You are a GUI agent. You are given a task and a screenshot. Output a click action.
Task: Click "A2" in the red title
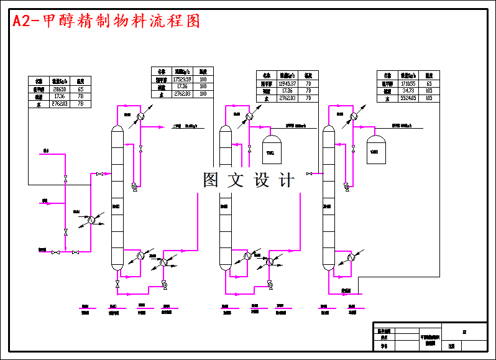(23, 22)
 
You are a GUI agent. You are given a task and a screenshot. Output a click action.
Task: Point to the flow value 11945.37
(287, 83)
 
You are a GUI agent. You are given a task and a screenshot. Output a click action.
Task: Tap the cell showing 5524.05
(408, 98)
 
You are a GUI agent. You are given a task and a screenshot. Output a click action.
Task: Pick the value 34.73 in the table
(408, 91)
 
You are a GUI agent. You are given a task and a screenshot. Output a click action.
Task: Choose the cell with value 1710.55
(408, 83)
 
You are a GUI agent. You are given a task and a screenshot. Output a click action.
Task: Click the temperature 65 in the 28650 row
(80, 89)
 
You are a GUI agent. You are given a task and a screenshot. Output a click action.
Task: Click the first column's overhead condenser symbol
(141, 116)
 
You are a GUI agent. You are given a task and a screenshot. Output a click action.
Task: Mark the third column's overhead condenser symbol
(354, 116)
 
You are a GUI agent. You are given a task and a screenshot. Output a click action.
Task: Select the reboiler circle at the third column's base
(351, 256)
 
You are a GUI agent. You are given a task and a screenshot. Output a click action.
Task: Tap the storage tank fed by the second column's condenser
(270, 147)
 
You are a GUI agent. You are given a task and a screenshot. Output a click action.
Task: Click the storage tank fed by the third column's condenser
(374, 147)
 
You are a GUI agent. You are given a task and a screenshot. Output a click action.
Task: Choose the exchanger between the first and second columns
(165, 262)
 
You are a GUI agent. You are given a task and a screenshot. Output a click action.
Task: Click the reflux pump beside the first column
(134, 185)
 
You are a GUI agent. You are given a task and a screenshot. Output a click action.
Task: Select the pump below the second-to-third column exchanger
(269, 284)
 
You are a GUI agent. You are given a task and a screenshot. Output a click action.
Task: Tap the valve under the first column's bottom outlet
(117, 284)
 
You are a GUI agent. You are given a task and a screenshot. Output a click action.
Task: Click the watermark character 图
(211, 180)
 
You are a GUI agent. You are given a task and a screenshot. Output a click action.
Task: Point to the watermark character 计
(287, 180)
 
